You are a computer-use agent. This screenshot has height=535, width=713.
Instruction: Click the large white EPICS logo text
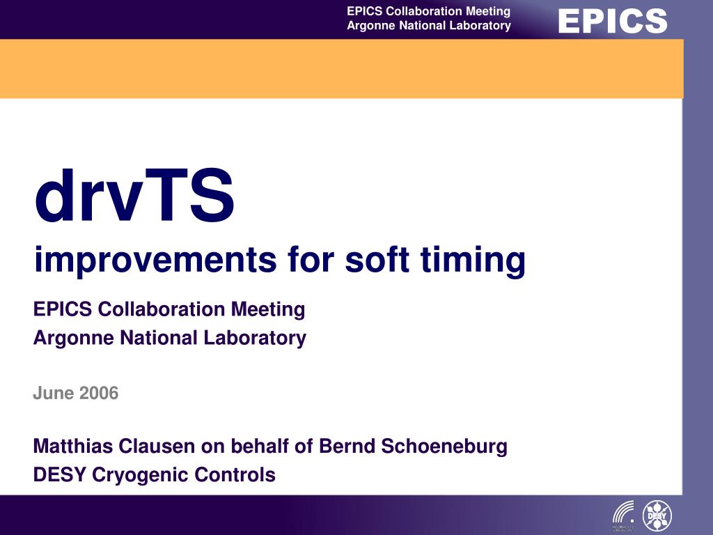(x=613, y=21)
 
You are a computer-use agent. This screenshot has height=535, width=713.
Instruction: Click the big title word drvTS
(x=134, y=195)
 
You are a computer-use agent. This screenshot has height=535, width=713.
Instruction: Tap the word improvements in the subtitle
(x=155, y=260)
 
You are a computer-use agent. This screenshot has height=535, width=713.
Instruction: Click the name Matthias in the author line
(x=72, y=446)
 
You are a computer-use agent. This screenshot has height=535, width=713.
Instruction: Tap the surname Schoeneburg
(x=444, y=447)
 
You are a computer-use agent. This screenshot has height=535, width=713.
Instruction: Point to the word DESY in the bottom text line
(x=60, y=474)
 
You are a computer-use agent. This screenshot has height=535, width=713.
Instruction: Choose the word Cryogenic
(x=140, y=475)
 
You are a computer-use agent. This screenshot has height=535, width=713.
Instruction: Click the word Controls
(x=235, y=474)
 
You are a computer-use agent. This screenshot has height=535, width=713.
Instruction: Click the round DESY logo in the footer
(x=657, y=515)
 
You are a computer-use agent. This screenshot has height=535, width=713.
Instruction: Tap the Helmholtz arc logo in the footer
(x=624, y=514)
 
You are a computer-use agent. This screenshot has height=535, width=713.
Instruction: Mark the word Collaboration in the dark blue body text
(x=162, y=309)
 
